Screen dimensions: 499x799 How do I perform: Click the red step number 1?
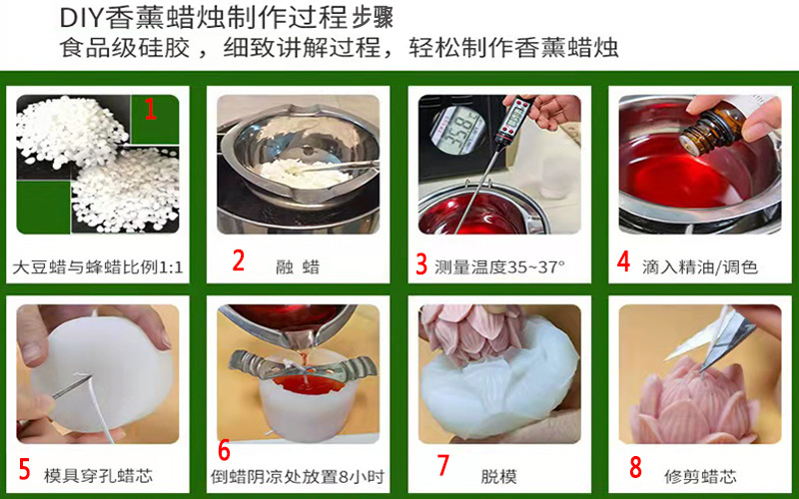pyautogui.click(x=151, y=108)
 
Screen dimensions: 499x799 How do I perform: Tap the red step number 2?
pyautogui.click(x=238, y=261)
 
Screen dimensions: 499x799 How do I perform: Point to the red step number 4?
pyautogui.click(x=623, y=261)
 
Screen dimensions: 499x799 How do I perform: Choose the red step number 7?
pyautogui.click(x=443, y=466)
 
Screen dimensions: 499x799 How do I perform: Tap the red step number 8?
pyautogui.click(x=635, y=466)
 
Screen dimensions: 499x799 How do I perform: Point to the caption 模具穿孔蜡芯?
pyautogui.click(x=98, y=475)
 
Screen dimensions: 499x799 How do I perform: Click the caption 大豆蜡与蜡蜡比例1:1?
pyautogui.click(x=98, y=267)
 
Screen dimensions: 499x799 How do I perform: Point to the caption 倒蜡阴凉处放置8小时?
pyautogui.click(x=297, y=476)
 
